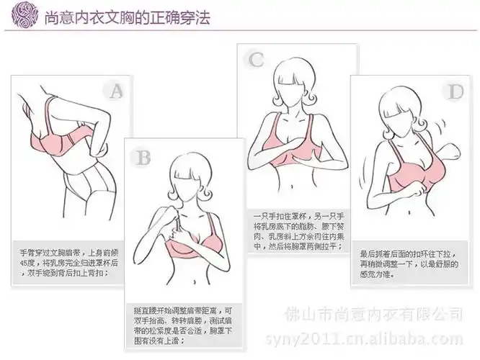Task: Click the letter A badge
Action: click(115, 90)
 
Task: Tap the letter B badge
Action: click(143, 156)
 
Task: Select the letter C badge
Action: click(256, 59)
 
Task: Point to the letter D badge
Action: click(455, 91)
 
